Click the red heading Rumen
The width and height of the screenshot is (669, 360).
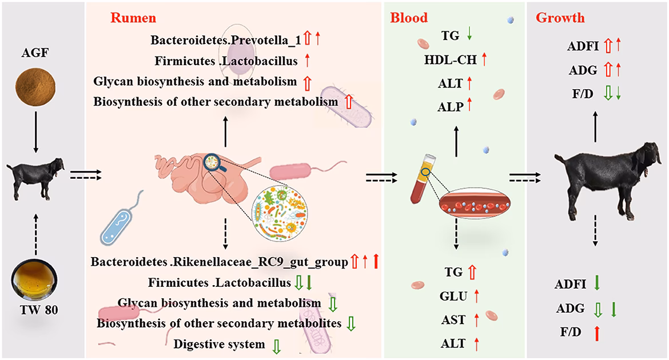[x=133, y=18]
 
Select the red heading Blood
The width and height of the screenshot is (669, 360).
[x=409, y=18]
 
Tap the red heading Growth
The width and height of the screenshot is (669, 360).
[x=560, y=18]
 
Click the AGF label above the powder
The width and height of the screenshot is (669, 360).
[x=35, y=53]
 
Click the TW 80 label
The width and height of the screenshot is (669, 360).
[x=39, y=309]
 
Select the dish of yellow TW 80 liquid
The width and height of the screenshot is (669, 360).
[x=34, y=279]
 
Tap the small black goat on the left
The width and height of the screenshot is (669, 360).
[x=35, y=178]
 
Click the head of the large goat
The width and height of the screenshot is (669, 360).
[x=649, y=156]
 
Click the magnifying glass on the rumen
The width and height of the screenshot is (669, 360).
[x=213, y=163]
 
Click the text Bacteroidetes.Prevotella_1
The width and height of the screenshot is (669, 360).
[x=226, y=40]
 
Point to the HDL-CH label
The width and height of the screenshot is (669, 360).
[x=450, y=60]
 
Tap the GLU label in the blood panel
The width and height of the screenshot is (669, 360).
[x=453, y=295]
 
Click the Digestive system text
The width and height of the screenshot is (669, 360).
[x=219, y=344]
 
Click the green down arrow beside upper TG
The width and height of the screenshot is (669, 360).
[x=469, y=34]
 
